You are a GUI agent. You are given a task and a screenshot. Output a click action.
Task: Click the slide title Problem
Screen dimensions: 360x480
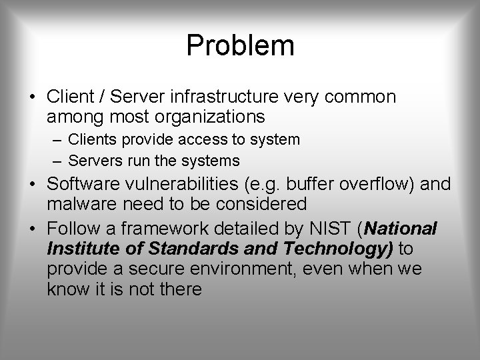(x=240, y=45)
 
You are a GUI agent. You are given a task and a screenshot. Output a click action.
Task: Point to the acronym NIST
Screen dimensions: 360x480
(x=331, y=229)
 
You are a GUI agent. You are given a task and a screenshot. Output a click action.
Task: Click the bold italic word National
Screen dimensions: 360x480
(x=400, y=229)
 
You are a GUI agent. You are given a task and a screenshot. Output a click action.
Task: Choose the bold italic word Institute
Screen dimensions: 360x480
(x=81, y=249)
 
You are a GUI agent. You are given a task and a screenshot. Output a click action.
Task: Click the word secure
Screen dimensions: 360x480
(x=162, y=270)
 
